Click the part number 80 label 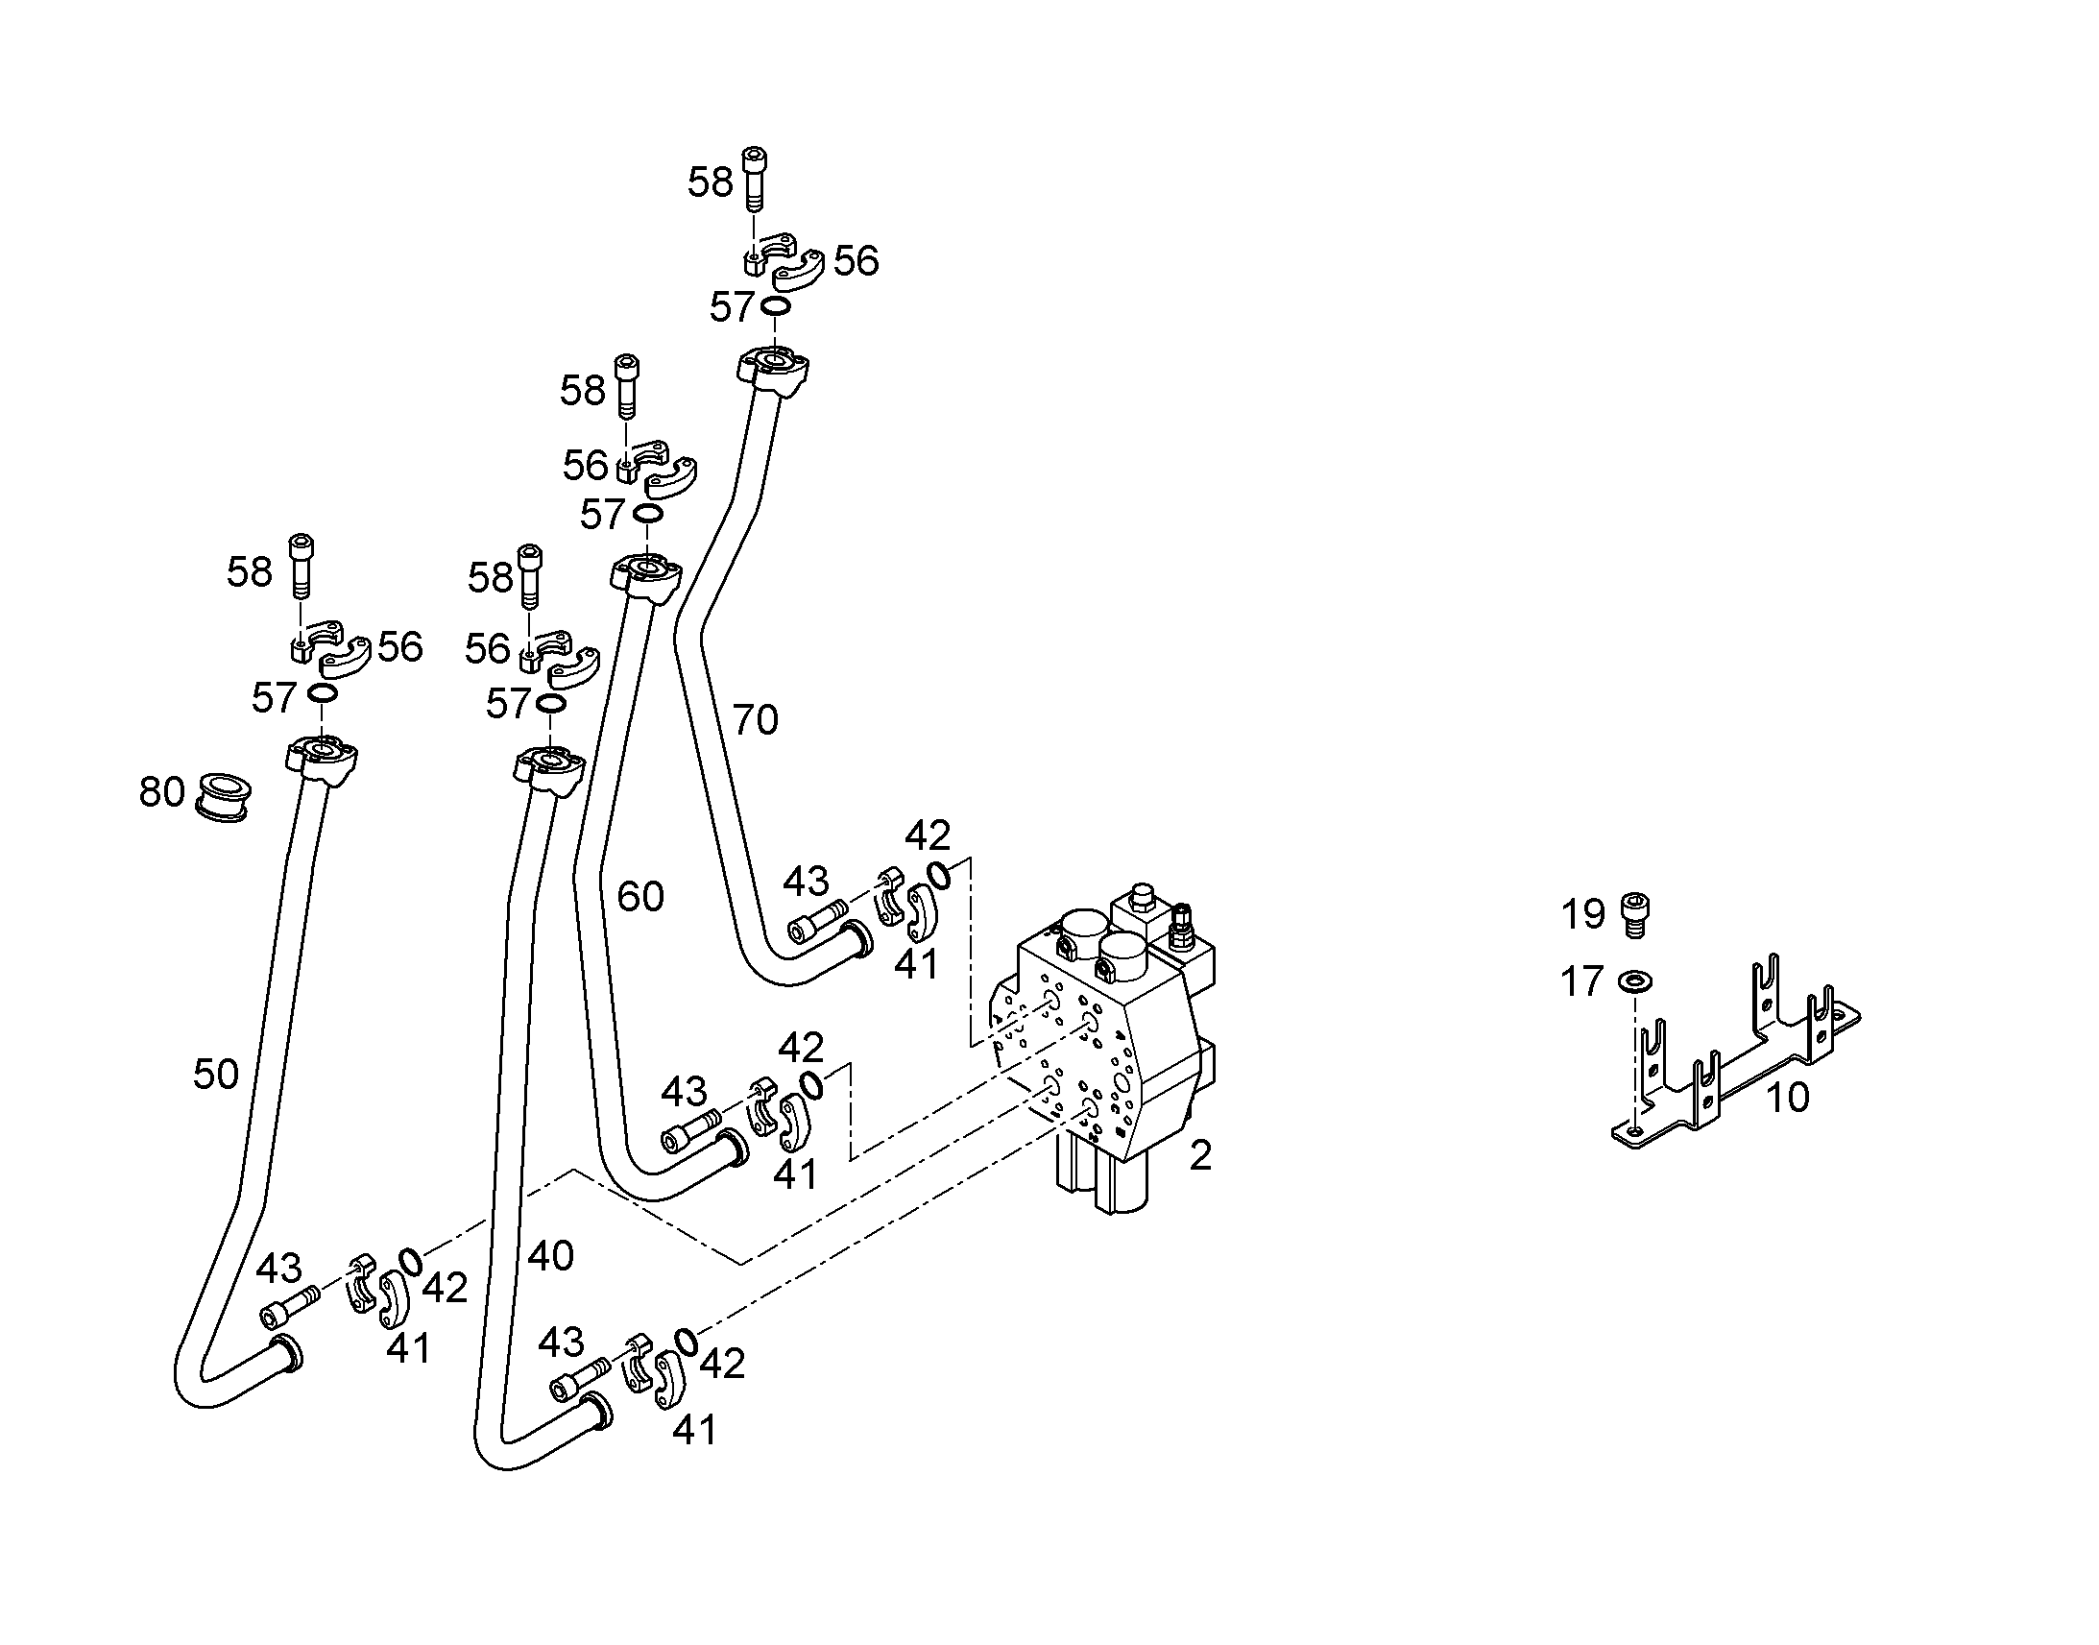[x=161, y=791]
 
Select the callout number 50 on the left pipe [x=216, y=1074]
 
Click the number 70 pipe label [x=756, y=719]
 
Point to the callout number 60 [x=640, y=897]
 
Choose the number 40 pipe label [x=551, y=1255]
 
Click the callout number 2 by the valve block [x=1199, y=1157]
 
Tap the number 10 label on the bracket [x=1788, y=1098]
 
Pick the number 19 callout [x=1583, y=914]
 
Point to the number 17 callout [x=1582, y=982]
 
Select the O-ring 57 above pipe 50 [x=322, y=693]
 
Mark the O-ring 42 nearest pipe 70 [x=940, y=875]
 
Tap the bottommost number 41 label [x=695, y=1430]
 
